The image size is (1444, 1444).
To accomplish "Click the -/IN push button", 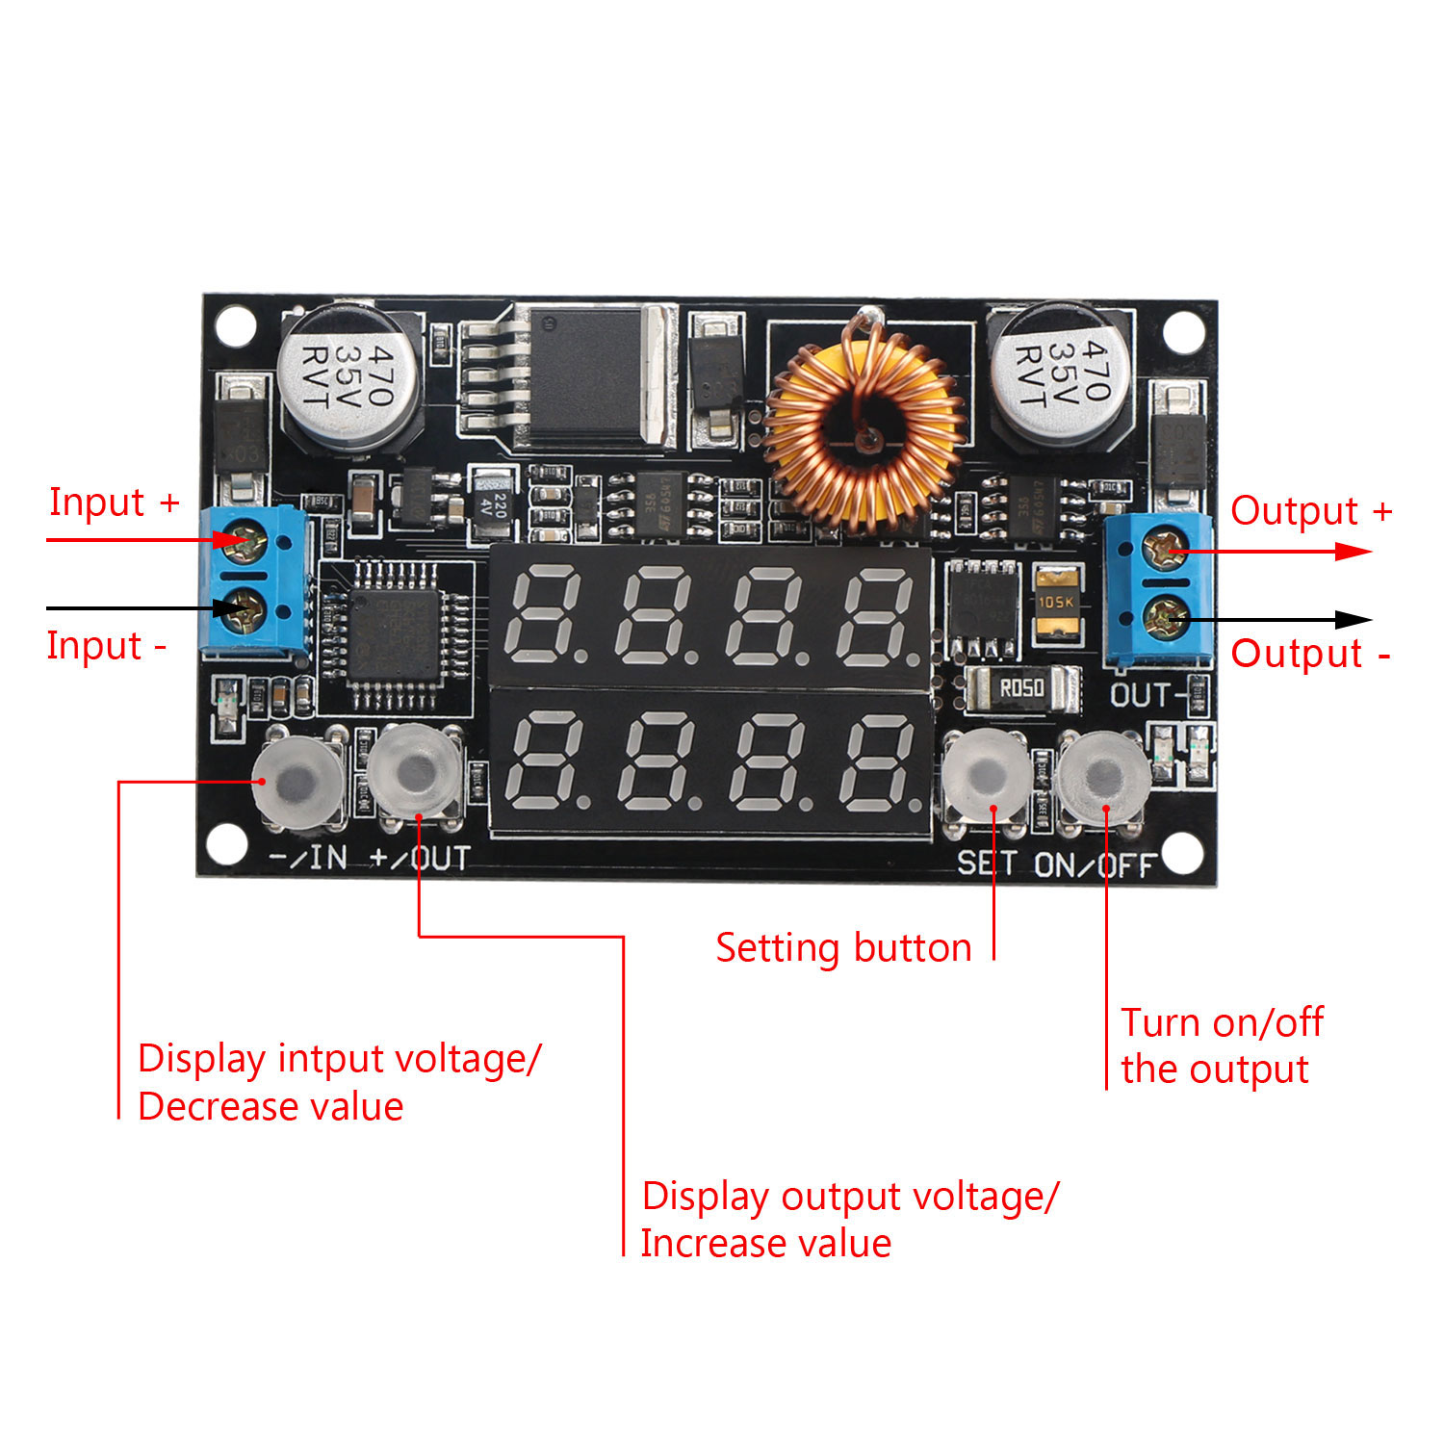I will coord(298,776).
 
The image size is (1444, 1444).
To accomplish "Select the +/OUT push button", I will coord(417,770).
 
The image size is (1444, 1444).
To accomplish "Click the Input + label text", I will coord(114,503).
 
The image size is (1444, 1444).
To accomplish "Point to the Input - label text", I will coord(106,646).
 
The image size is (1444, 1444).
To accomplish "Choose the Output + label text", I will coord(1310,511).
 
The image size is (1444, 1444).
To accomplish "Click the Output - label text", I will coord(1310,654).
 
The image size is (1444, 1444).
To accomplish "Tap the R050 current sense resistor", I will coord(1020,688).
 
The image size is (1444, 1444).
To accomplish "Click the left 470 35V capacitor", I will coord(348,374).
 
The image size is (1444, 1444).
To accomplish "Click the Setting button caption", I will coord(843,948).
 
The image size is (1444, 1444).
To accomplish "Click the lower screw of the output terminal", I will coord(1166,617).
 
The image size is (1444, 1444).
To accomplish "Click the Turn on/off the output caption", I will coord(1221,1045).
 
